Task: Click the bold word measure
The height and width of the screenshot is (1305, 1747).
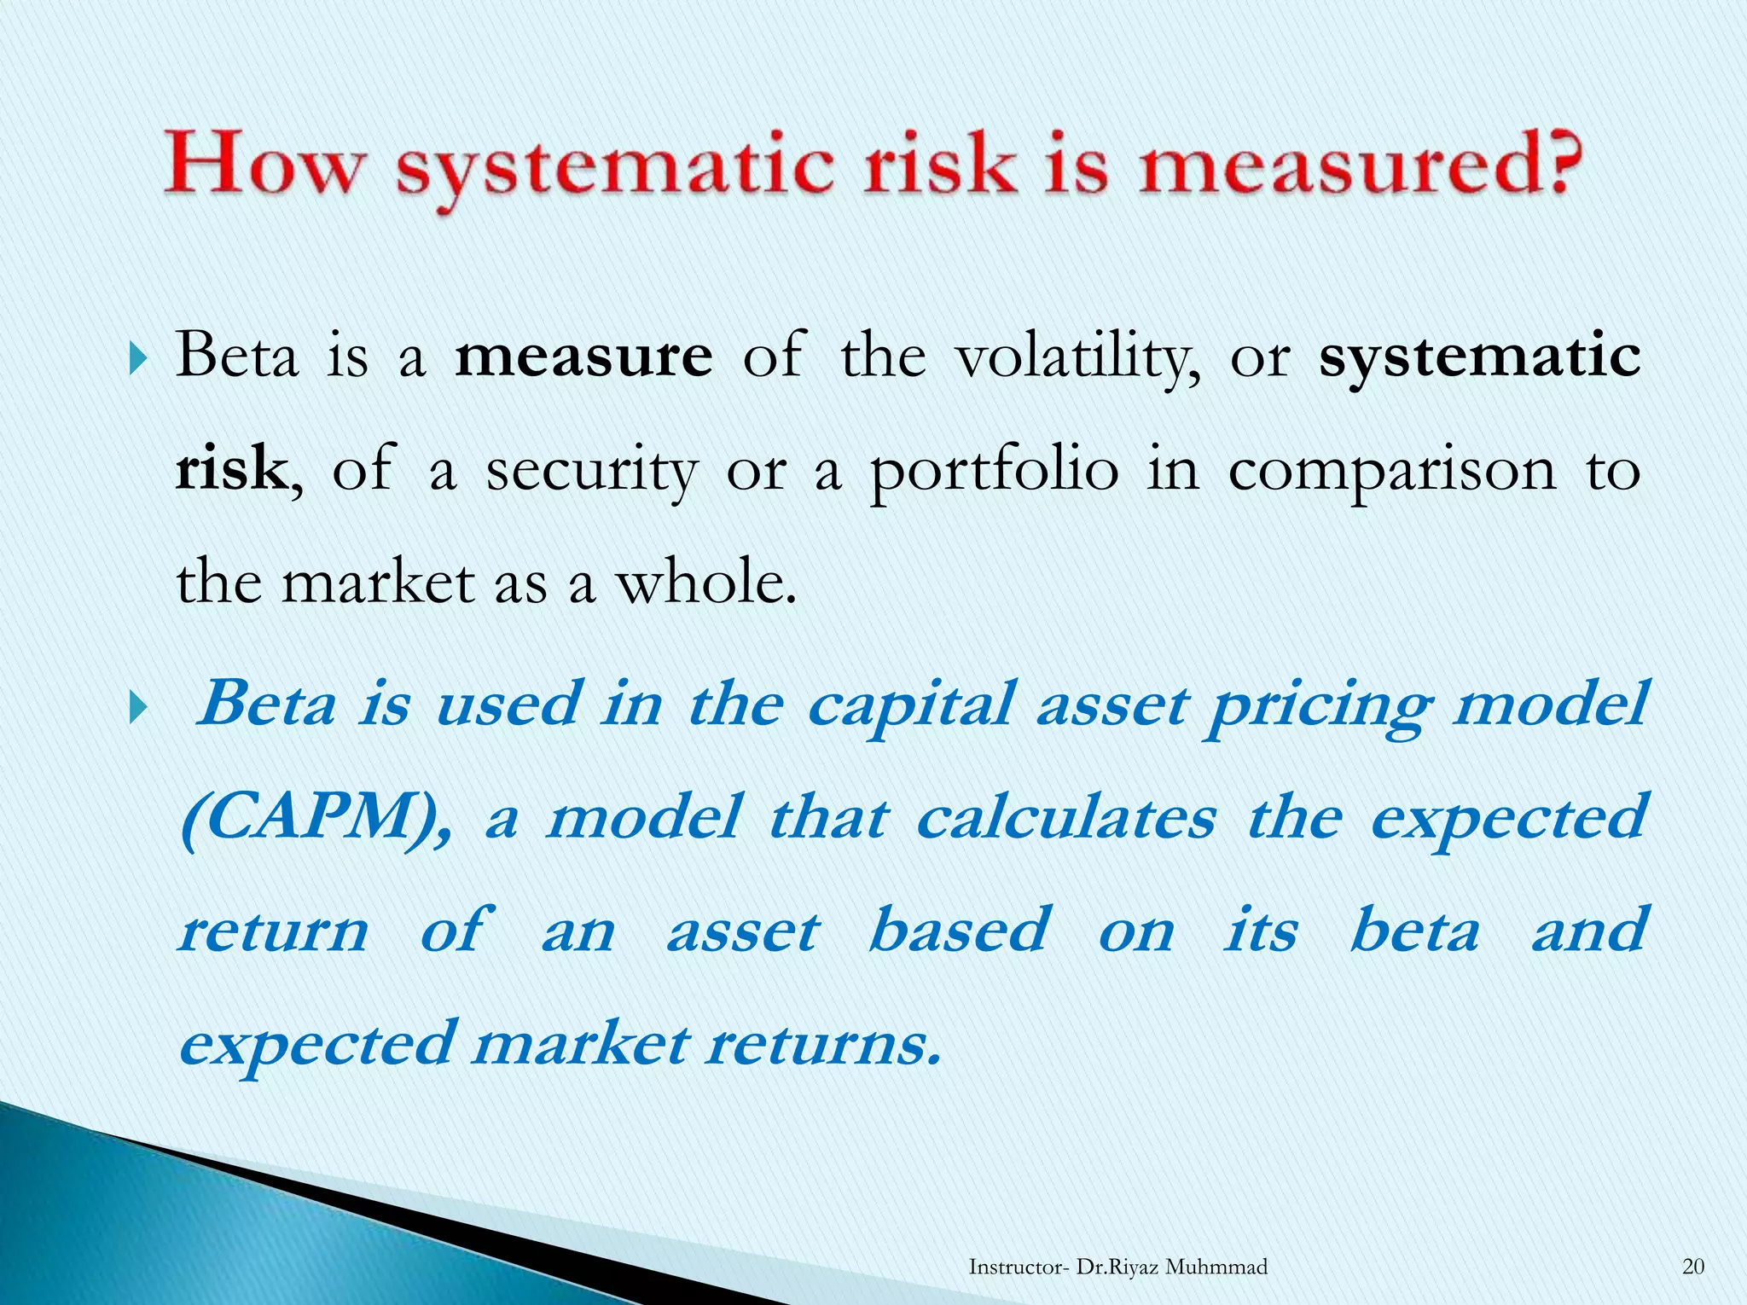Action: pyautogui.click(x=583, y=357)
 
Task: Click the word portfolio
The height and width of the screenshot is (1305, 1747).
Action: pyautogui.click(x=994, y=472)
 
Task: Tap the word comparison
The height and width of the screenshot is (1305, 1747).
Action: pyautogui.click(x=1392, y=472)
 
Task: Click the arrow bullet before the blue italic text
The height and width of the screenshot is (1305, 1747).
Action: pyautogui.click(x=139, y=707)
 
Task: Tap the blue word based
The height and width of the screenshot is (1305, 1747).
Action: pyautogui.click(x=959, y=931)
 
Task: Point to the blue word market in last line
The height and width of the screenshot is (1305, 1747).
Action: pyautogui.click(x=580, y=1044)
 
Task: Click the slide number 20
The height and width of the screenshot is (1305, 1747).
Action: pyautogui.click(x=1693, y=1267)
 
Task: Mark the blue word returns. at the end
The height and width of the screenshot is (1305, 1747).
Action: pyautogui.click(x=824, y=1044)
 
